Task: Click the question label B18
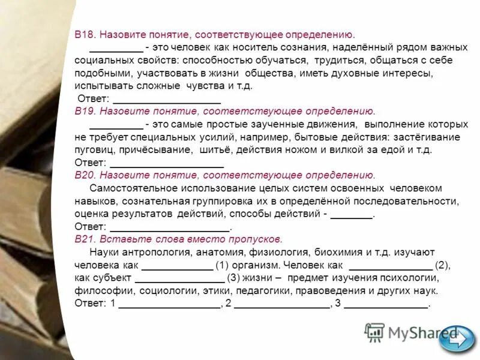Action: tap(84, 35)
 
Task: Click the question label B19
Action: tap(85, 112)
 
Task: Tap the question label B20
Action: tap(85, 175)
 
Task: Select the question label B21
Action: tap(85, 239)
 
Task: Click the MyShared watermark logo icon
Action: tap(374, 332)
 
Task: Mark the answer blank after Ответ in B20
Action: tap(170, 227)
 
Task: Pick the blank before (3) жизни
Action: tap(180, 278)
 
